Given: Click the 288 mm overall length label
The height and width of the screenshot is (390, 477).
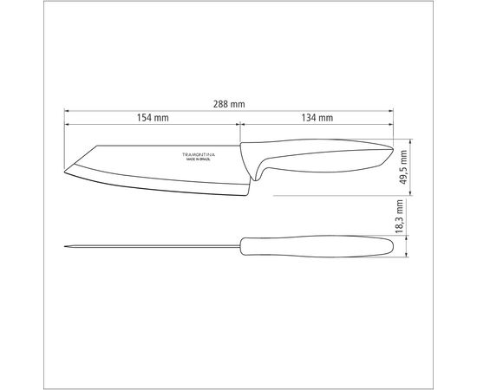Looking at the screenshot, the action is (x=229, y=104).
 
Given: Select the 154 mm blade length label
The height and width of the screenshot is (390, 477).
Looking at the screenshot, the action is (x=153, y=118).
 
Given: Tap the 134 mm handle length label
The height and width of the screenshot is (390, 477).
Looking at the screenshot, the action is (x=317, y=118).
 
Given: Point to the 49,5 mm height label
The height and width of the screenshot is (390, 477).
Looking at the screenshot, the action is (x=403, y=167).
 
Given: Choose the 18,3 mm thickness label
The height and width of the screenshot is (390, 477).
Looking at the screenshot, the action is (x=399, y=217).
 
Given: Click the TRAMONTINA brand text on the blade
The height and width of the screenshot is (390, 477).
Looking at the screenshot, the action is (x=199, y=155).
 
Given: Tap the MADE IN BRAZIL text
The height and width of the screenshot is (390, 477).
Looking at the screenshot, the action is (x=199, y=159).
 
